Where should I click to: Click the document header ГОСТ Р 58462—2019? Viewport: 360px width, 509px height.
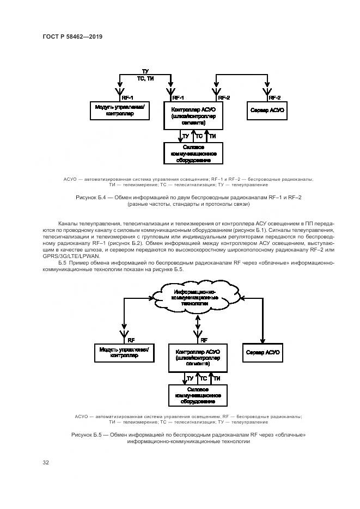(72, 37)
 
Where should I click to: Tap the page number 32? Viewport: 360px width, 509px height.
(46, 463)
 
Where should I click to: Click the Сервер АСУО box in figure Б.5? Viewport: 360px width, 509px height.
(263, 352)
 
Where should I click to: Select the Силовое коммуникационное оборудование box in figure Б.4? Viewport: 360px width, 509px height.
(193, 153)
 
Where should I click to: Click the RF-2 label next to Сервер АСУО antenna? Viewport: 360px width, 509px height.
(275, 97)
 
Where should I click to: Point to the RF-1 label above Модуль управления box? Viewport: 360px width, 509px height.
(129, 97)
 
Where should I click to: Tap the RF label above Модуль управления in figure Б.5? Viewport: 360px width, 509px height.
(131, 339)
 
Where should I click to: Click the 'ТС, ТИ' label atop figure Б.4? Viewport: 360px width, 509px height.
(145, 79)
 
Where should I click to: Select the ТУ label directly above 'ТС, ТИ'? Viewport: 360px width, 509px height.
(145, 71)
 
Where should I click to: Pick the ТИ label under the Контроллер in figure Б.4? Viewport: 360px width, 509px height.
(213, 136)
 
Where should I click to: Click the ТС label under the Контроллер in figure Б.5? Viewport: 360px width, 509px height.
(203, 378)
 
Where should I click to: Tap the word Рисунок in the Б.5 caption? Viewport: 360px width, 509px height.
(83, 435)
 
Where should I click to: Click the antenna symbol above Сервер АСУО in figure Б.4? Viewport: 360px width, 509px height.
(266, 90)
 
